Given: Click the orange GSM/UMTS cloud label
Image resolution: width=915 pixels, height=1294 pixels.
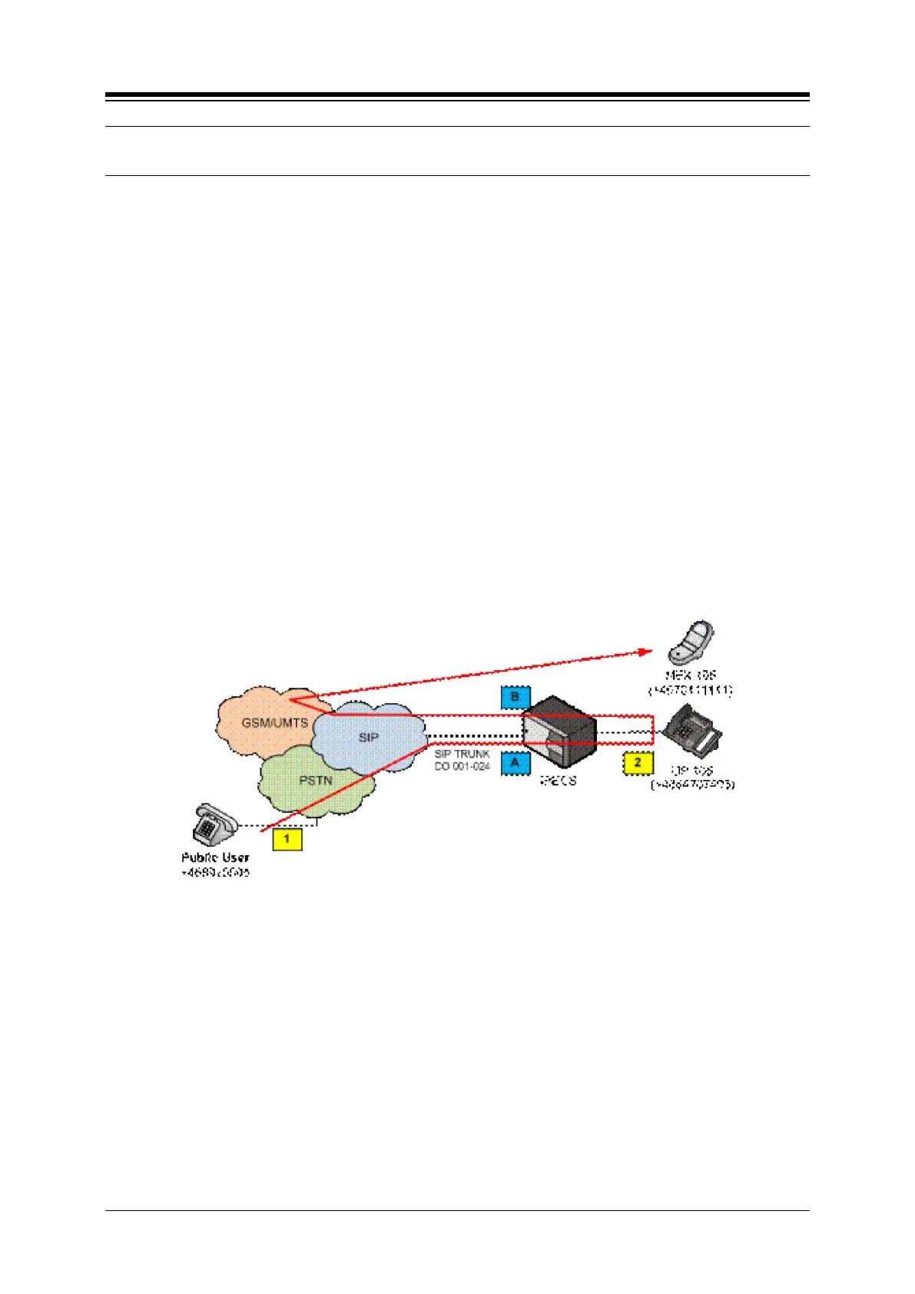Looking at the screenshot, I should [274, 723].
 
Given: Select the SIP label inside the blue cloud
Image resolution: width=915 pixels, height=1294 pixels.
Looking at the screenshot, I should [369, 738].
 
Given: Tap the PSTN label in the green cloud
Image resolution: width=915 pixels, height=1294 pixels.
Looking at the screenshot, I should [316, 781].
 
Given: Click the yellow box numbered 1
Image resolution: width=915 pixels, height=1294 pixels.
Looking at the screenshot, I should [287, 838].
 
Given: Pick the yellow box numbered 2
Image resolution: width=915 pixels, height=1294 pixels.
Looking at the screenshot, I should [638, 764].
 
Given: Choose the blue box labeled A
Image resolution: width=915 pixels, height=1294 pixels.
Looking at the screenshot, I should [516, 763].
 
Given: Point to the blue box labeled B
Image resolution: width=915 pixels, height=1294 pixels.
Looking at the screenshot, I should [516, 698].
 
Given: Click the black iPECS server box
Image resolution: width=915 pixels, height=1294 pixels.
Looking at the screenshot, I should [559, 731].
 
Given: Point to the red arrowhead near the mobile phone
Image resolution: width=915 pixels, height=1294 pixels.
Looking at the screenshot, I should [647, 652].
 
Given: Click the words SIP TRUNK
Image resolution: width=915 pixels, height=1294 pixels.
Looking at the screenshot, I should [462, 754].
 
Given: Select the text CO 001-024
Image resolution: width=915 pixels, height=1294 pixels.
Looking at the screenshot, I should [462, 766].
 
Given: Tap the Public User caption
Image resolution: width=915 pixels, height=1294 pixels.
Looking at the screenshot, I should [215, 858].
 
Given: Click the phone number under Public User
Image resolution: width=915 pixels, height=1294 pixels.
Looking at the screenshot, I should [215, 873].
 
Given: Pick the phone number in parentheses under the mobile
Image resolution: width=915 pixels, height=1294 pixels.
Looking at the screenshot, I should [691, 690].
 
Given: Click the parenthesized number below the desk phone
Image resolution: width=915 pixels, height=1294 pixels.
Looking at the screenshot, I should [692, 785].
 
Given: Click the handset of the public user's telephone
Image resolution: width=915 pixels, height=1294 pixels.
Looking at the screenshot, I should [209, 811].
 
